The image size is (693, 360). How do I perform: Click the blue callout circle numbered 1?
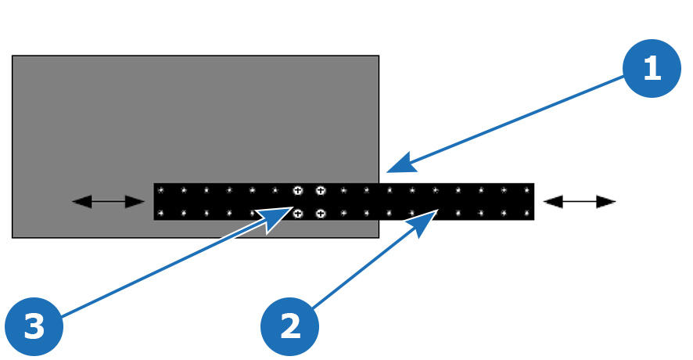click(652, 68)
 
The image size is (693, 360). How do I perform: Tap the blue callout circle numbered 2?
click(289, 326)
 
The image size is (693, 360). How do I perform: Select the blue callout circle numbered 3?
click(34, 326)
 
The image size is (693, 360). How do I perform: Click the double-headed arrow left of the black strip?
click(108, 202)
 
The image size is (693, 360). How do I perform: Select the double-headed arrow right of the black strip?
click(580, 202)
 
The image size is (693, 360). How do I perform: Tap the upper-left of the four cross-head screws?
click(298, 191)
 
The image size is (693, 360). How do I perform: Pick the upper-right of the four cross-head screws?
click(321, 191)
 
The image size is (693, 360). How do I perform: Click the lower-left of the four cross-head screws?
click(298, 214)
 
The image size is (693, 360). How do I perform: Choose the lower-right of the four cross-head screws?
click(321, 214)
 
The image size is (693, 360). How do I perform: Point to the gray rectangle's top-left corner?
click(13, 56)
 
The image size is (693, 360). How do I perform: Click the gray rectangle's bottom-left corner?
click(13, 238)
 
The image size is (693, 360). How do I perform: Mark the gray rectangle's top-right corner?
click(379, 56)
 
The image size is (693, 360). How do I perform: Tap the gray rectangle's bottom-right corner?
click(379, 238)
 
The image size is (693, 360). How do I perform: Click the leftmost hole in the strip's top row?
click(161, 191)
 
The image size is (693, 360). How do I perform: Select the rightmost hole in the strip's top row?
click(527, 191)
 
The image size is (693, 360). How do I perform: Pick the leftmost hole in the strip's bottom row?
click(161, 214)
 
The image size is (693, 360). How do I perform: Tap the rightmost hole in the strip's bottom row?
click(527, 214)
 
